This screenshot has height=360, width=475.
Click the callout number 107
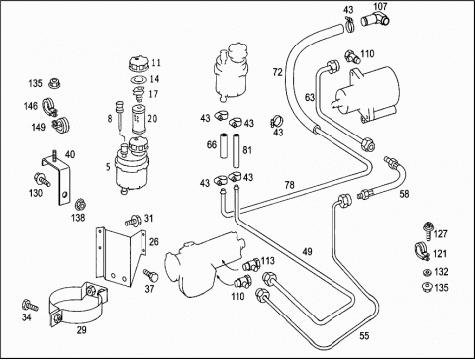pos(380,6)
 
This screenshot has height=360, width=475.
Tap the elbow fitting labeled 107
pos(375,19)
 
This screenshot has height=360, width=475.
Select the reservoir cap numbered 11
pos(139,63)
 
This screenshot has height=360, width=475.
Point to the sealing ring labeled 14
pos(139,80)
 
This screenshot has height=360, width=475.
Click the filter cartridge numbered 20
pos(139,120)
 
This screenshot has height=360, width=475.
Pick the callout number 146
pos(31,106)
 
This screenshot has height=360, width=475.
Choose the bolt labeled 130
pos(42,179)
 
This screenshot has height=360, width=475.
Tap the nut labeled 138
pos(80,205)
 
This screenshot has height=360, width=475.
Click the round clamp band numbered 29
pos(78,305)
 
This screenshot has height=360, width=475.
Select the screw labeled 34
pos(30,305)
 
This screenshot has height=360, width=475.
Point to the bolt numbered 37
pos(150,275)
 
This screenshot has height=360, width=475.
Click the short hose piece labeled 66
pos(224,146)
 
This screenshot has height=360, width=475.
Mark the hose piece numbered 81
pos(237,150)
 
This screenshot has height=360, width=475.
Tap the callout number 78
pos(289,185)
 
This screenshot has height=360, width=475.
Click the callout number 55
pos(364,336)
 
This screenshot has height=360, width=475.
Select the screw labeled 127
pos(427,230)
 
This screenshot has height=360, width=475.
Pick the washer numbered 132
pos(427,272)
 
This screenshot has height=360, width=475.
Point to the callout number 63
pos(310,97)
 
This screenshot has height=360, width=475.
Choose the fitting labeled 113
pos(251,264)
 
